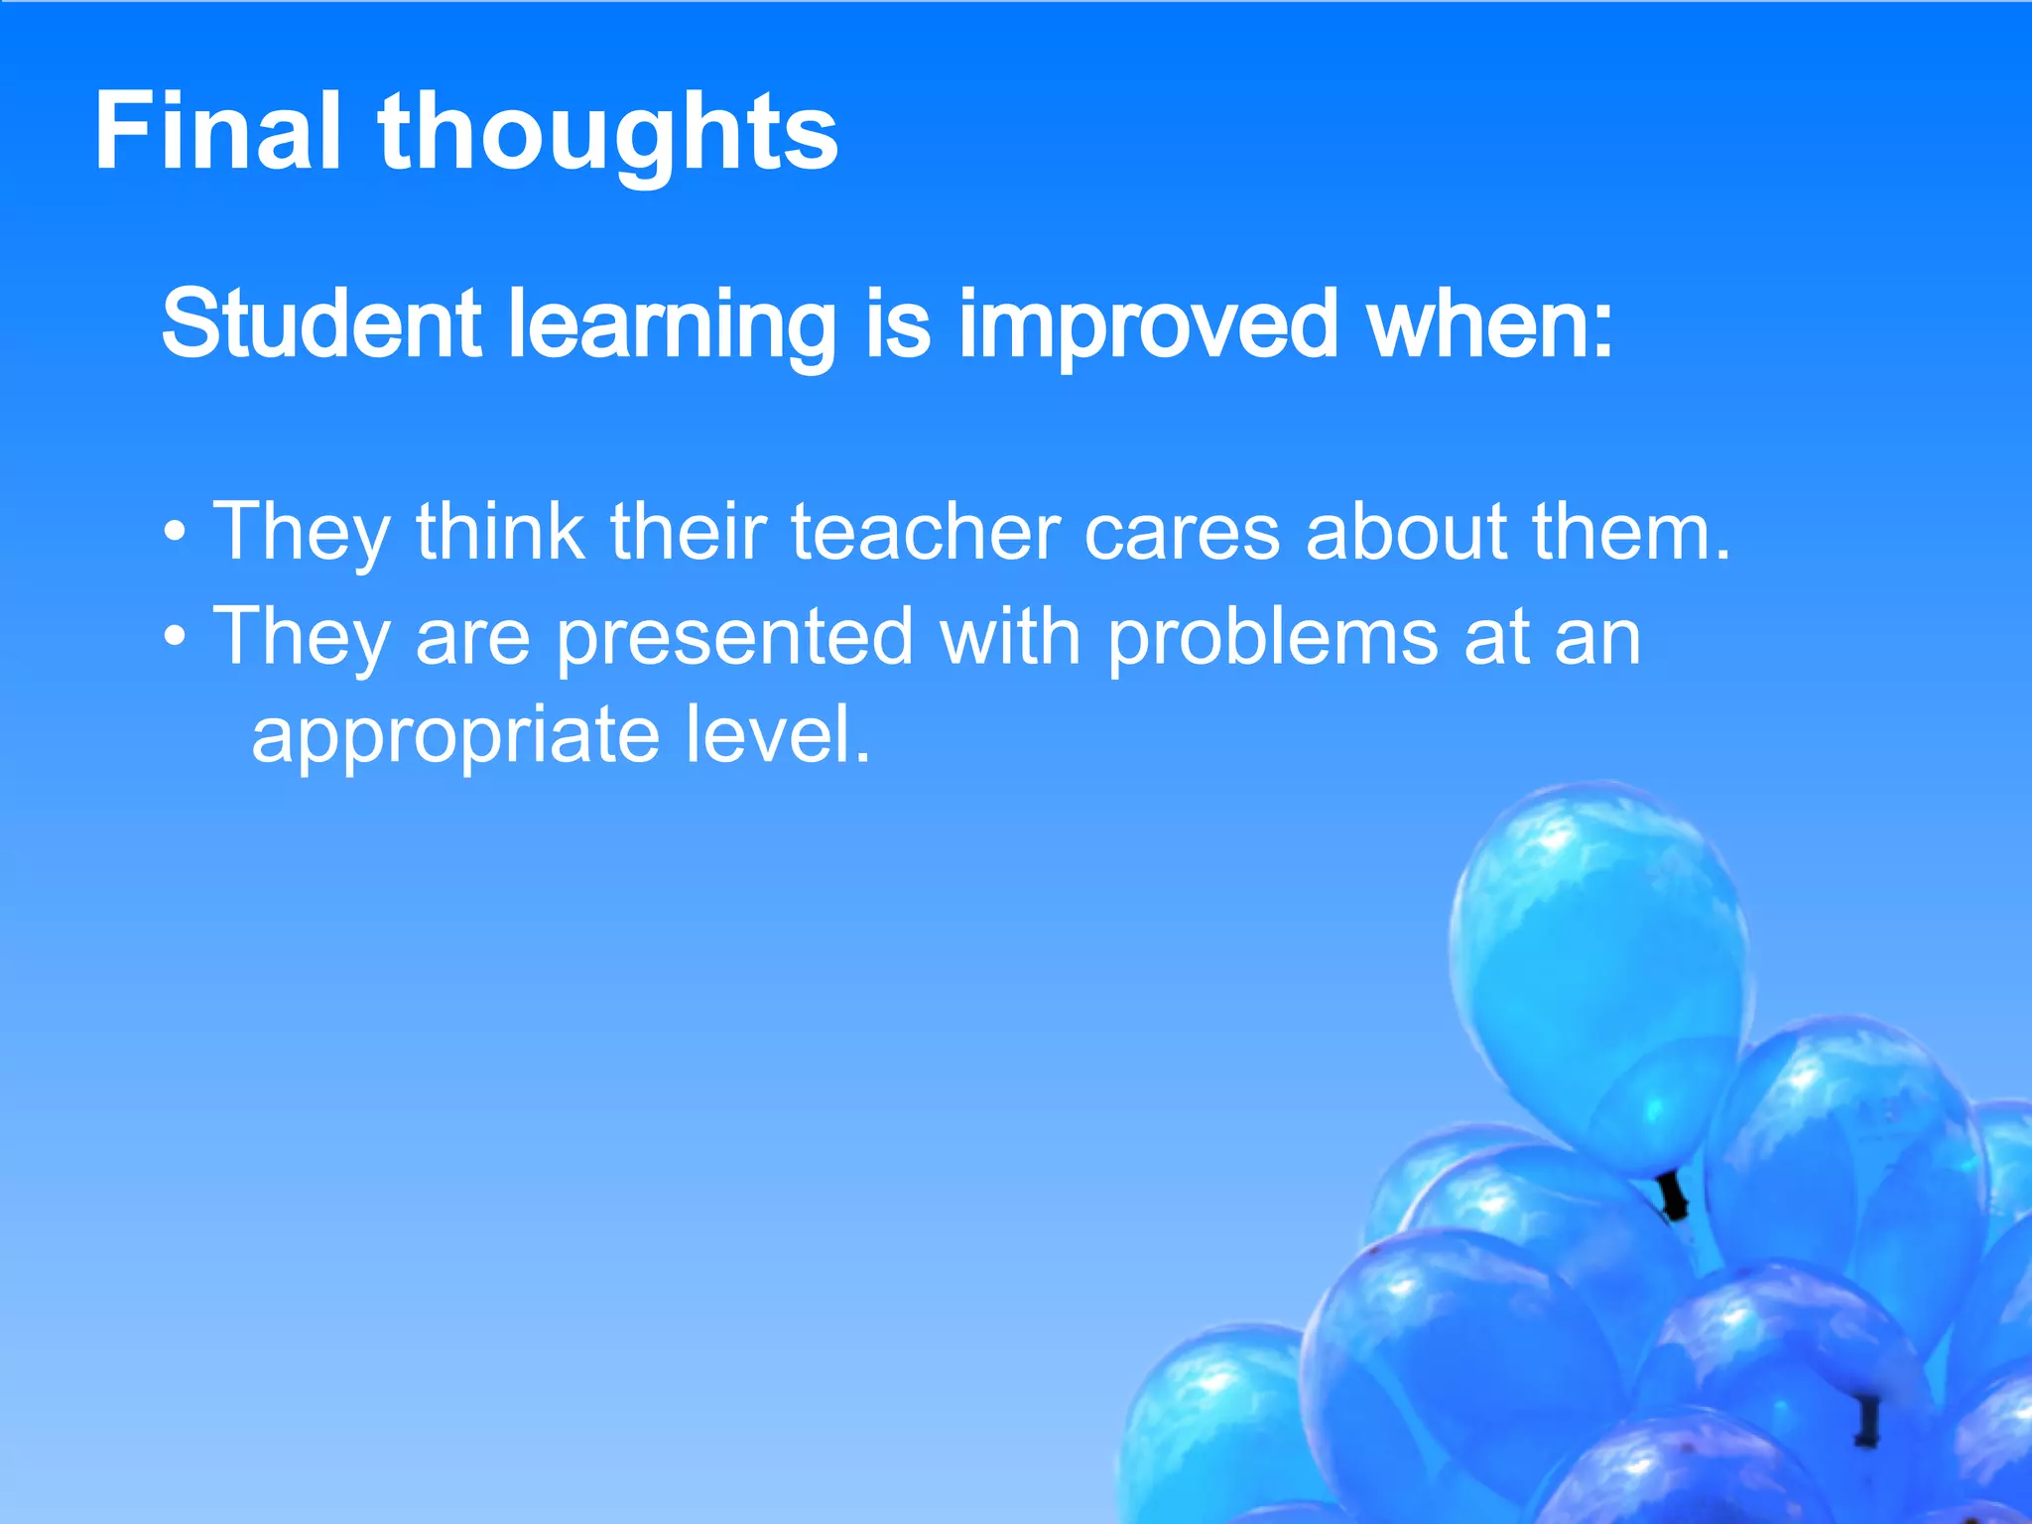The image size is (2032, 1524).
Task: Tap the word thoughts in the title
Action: point(607,134)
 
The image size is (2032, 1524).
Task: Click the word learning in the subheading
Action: point(672,327)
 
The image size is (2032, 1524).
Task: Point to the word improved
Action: point(1149,327)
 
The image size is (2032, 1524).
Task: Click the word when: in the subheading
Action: point(1490,324)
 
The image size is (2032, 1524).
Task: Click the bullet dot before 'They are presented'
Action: point(175,639)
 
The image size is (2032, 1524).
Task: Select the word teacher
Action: point(926,533)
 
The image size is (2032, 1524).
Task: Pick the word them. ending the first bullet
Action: point(1631,533)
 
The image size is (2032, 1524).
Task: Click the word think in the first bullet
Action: point(500,533)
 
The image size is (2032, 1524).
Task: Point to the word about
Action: point(1406,533)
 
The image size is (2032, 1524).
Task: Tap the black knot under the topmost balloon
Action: point(1674,1196)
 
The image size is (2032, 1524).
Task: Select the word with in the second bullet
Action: point(1010,637)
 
